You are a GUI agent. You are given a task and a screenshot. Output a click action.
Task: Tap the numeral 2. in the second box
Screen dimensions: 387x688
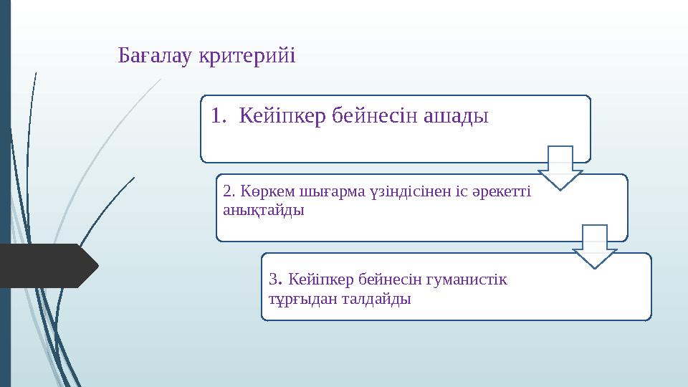click(230, 192)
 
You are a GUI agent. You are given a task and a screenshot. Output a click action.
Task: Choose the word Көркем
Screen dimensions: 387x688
click(262, 192)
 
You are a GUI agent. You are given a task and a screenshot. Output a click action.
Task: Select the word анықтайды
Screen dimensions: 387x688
click(263, 211)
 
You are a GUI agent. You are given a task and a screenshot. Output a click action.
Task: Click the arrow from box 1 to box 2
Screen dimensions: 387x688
click(560, 167)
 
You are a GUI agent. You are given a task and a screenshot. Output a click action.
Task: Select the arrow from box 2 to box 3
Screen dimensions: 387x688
click(594, 246)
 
